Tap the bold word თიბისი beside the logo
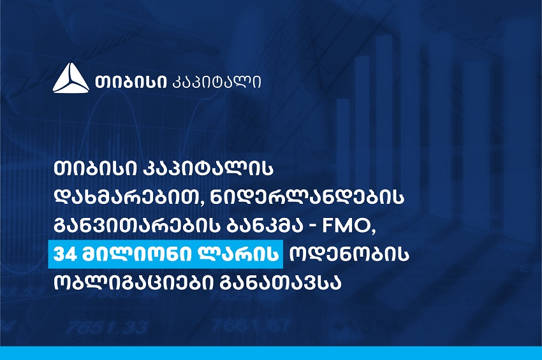131,82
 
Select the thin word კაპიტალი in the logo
216,83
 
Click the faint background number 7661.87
251,326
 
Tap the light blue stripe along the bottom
271,353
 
